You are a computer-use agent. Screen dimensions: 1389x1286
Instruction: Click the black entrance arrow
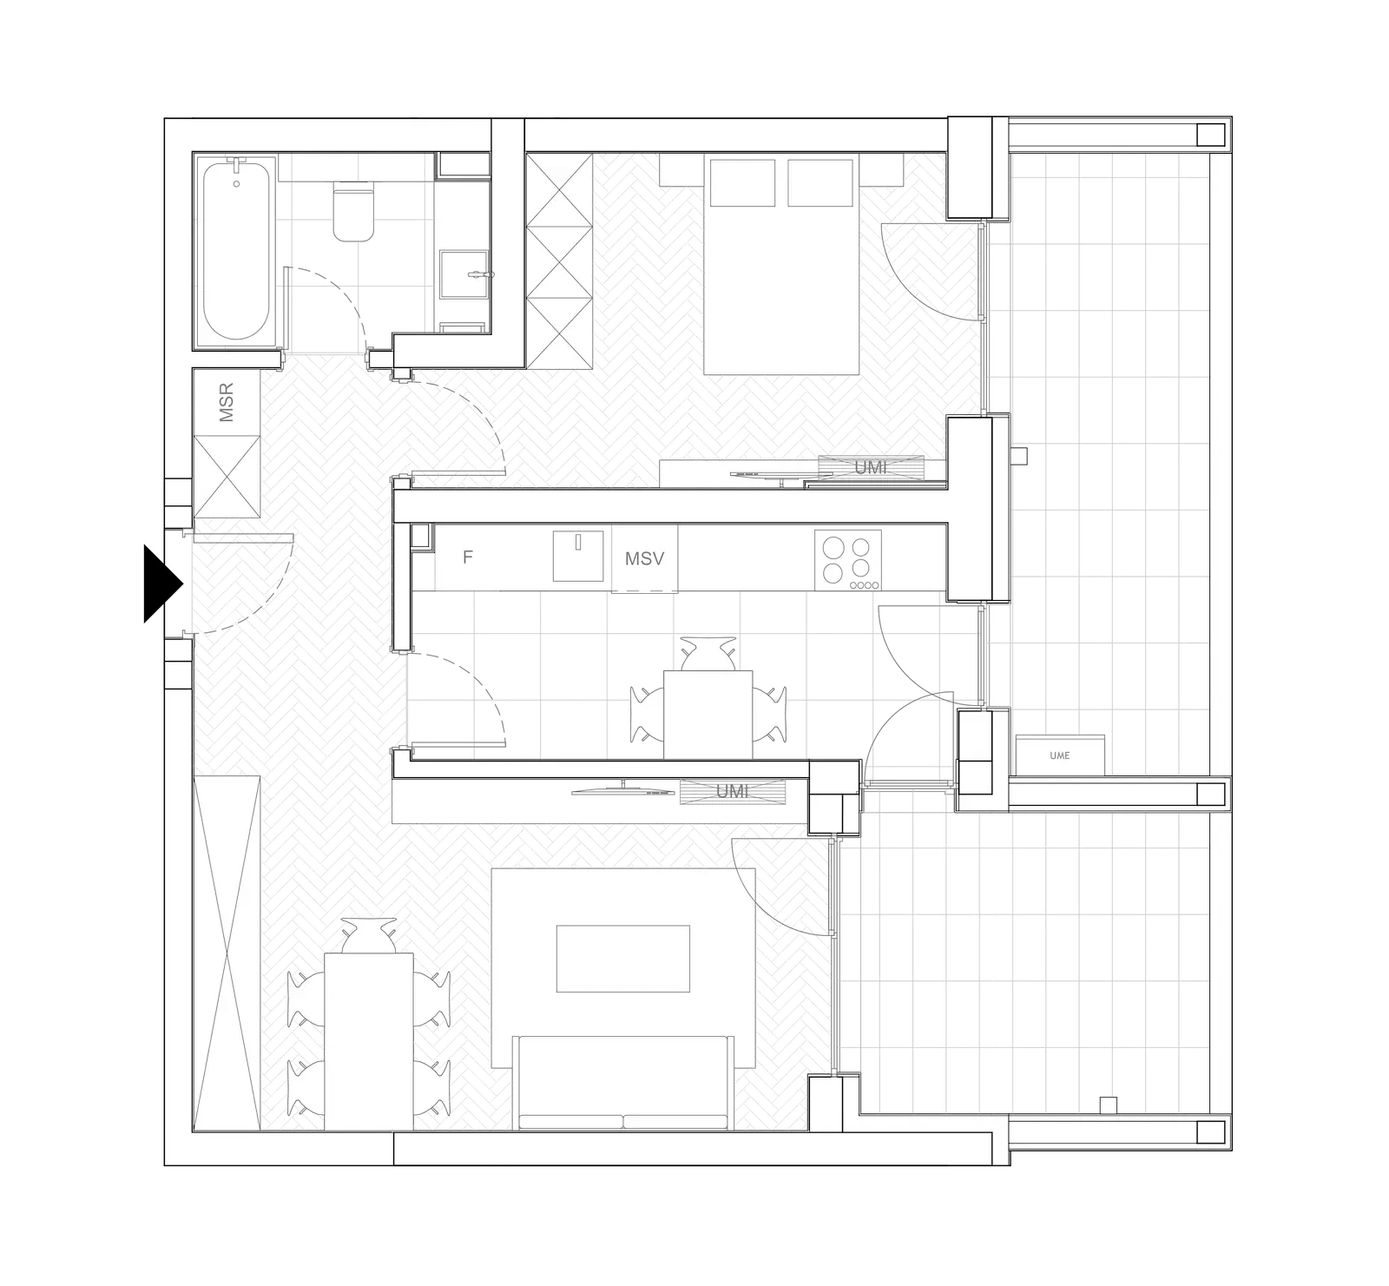click(x=161, y=584)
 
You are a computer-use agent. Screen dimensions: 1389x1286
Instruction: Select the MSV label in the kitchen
click(x=645, y=558)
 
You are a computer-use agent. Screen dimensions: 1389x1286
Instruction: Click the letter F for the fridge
click(x=467, y=557)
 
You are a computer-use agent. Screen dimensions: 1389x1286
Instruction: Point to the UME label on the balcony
click(x=1059, y=755)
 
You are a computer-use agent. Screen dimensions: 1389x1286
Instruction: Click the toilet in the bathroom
click(x=353, y=212)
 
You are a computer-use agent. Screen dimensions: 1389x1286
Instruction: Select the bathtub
click(x=235, y=249)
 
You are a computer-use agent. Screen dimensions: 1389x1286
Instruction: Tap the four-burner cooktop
click(x=848, y=560)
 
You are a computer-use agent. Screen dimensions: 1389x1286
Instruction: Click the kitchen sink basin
click(x=578, y=556)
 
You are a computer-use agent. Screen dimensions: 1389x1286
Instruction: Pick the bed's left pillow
click(x=742, y=182)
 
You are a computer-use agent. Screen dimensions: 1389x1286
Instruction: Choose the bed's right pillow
click(x=820, y=182)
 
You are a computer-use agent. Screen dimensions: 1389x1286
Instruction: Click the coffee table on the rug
click(x=623, y=959)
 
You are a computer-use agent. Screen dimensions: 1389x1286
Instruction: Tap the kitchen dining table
click(x=708, y=715)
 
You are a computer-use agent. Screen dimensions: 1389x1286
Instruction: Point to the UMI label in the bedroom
click(x=871, y=468)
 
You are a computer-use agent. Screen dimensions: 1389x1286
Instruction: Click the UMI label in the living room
click(x=732, y=792)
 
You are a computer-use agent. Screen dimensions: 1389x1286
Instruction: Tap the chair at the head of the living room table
click(x=369, y=935)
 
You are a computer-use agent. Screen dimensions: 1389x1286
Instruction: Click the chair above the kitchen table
click(x=708, y=654)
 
